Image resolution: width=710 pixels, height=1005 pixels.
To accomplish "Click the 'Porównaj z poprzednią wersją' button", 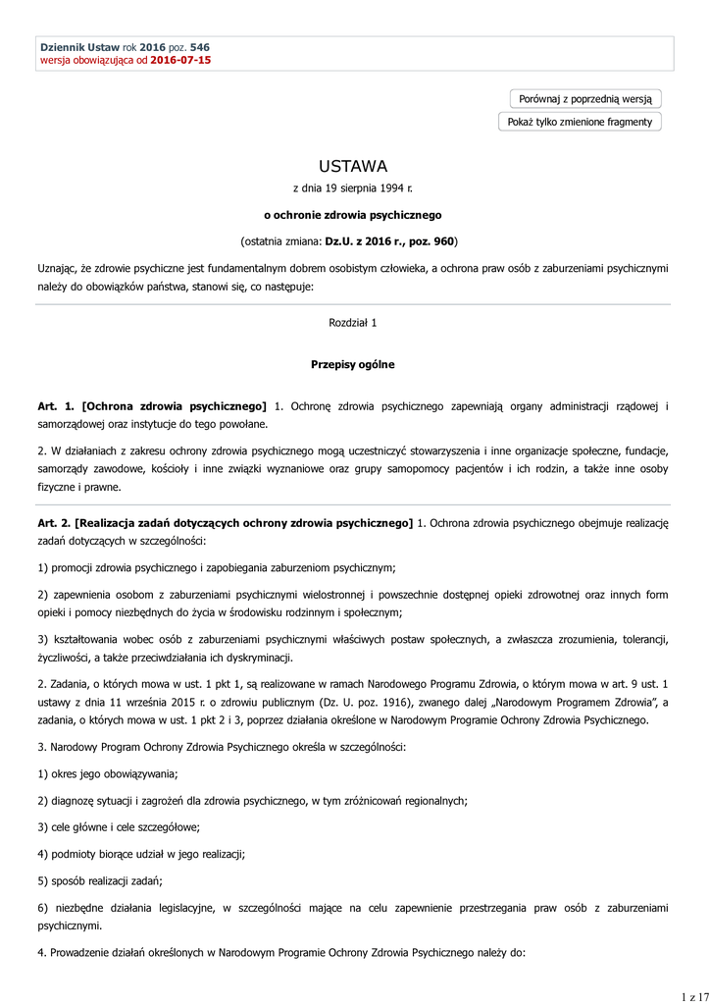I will click(585, 99).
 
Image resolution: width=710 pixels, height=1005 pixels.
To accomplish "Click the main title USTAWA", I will click(353, 166).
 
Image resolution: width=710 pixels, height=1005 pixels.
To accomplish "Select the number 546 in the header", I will click(199, 47).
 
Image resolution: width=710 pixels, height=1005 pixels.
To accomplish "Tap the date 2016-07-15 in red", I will click(180, 60).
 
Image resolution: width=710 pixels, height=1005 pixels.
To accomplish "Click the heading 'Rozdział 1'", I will click(353, 322).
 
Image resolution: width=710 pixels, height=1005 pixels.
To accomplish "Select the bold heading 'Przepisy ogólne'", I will click(353, 364).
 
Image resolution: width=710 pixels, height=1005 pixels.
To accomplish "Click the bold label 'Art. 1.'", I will click(56, 405).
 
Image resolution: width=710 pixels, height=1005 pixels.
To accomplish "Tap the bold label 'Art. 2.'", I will click(56, 524).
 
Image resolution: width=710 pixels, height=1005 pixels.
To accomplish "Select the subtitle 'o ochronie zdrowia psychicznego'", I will click(353, 214).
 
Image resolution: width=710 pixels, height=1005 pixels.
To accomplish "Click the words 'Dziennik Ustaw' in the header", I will click(79, 47).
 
